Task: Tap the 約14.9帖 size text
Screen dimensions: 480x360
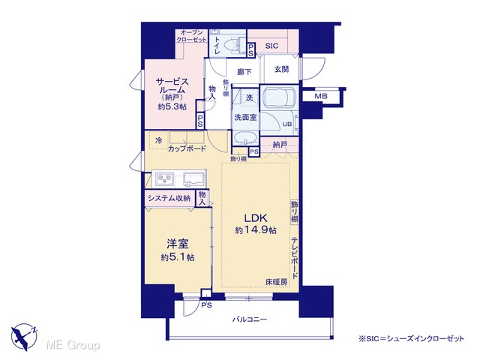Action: [256, 230]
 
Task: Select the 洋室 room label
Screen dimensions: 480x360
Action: [178, 244]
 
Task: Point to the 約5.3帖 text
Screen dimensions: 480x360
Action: [172, 106]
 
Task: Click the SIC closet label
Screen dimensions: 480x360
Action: [271, 46]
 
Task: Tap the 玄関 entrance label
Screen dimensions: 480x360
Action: [282, 69]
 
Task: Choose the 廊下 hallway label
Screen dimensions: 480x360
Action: [244, 72]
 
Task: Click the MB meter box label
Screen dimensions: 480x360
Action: [321, 96]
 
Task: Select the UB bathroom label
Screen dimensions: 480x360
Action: [286, 124]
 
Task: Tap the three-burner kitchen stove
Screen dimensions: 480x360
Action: [165, 178]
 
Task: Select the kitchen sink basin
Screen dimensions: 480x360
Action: [193, 178]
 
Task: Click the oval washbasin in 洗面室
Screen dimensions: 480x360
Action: [245, 138]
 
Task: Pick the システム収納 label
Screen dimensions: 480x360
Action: [169, 198]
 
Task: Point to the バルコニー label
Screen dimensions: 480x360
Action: [250, 319]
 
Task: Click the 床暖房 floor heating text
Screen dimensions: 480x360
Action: [277, 282]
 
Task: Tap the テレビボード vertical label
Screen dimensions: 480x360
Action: [295, 258]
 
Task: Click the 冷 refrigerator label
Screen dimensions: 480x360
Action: [158, 140]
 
